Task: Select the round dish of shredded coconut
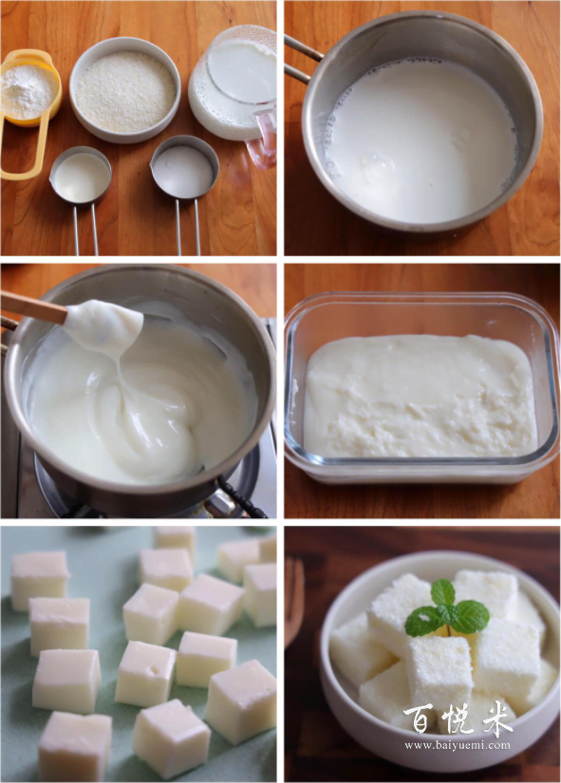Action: (x=125, y=90)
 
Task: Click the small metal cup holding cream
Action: (x=81, y=176)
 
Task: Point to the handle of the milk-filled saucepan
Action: (x=301, y=59)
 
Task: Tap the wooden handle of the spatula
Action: (x=33, y=307)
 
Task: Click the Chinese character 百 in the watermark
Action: (x=418, y=719)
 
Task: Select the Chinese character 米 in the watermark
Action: (x=497, y=718)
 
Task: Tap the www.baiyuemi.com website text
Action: (x=458, y=746)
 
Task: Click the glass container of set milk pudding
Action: (x=421, y=388)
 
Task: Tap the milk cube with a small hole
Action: (x=145, y=673)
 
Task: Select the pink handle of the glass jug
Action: (x=263, y=139)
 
